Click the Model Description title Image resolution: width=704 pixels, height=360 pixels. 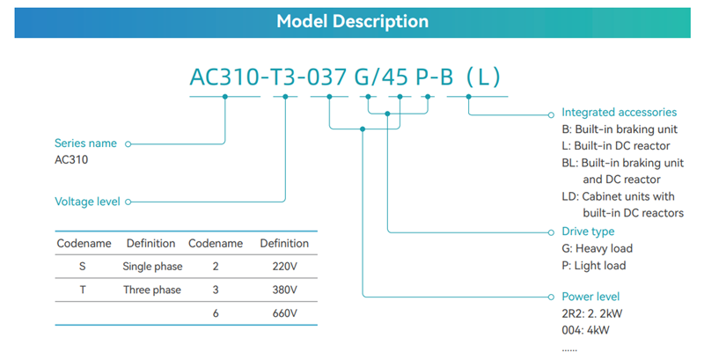tap(352, 21)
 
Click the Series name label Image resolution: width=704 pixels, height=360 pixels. tap(85, 143)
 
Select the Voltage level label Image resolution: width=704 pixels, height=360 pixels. tap(87, 202)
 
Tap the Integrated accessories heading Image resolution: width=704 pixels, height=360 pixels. tap(619, 113)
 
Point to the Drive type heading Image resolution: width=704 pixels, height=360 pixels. tap(588, 231)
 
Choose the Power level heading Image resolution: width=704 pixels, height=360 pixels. tap(590, 297)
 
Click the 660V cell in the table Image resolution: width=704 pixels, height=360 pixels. tap(284, 313)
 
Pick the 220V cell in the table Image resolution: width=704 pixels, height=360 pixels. tap(284, 266)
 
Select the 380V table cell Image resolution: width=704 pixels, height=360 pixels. tap(284, 290)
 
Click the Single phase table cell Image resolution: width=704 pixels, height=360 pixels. tap(151, 266)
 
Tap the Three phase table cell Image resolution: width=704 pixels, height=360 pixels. tap(151, 290)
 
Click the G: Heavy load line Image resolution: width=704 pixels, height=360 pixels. tap(597, 249)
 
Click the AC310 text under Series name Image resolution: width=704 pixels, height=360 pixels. tap(71, 160)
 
